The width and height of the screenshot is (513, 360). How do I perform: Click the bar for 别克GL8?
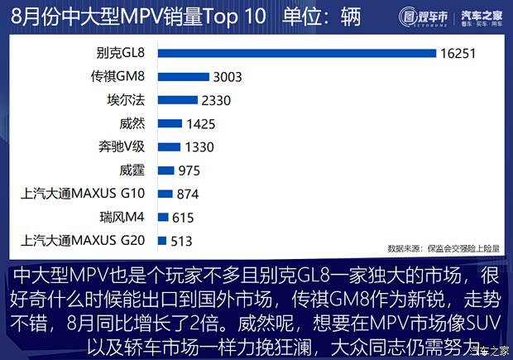(x=297, y=53)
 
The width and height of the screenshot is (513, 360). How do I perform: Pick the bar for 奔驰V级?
(x=169, y=147)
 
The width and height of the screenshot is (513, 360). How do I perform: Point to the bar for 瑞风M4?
(x=163, y=218)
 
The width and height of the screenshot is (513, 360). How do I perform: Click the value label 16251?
(x=462, y=53)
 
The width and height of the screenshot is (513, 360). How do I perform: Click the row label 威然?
(x=132, y=124)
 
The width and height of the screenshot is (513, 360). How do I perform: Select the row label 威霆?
(x=132, y=171)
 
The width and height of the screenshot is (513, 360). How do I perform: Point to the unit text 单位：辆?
(x=319, y=17)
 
